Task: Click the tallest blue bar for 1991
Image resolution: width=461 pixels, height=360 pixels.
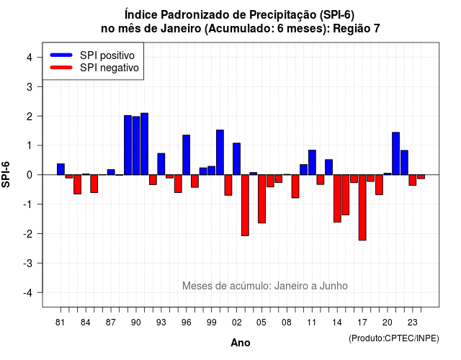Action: [144, 144]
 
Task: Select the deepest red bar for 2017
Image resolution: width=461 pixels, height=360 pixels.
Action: [362, 207]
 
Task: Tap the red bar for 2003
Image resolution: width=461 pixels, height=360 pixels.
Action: [245, 205]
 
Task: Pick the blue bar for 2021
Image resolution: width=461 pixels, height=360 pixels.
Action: [396, 153]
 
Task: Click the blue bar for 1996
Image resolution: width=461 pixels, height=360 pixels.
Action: [187, 155]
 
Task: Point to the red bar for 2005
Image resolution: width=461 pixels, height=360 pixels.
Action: [262, 199]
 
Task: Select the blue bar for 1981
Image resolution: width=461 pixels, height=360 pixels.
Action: [61, 169]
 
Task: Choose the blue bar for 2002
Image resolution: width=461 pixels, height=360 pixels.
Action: [237, 158]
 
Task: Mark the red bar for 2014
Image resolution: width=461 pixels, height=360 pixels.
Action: [337, 199]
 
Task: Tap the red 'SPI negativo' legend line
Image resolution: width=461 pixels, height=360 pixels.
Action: [61, 68]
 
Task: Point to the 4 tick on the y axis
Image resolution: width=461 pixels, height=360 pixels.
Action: [40, 57]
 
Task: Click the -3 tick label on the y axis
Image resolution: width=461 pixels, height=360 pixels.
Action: [28, 264]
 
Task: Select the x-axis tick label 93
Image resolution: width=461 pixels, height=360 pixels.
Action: [161, 323]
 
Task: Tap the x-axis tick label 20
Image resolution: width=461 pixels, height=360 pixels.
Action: [388, 323]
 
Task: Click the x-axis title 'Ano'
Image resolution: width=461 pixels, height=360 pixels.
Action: [241, 343]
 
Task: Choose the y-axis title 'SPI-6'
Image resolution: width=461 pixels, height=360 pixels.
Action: [6, 174]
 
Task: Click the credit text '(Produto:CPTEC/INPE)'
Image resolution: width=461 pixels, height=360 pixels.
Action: [394, 338]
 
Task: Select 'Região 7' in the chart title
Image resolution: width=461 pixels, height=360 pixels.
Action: [357, 29]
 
